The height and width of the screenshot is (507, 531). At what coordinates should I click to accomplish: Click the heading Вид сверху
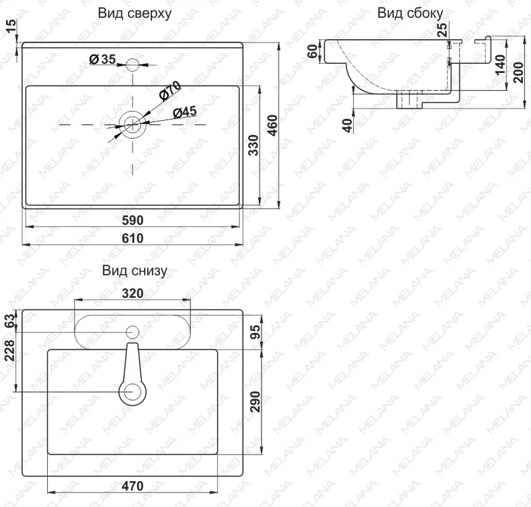[x=135, y=13]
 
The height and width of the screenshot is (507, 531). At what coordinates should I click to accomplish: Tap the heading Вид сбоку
[x=410, y=13]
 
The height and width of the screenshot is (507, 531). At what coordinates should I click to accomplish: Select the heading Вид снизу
[x=135, y=271]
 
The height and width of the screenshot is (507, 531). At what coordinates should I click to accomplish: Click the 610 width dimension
[x=132, y=238]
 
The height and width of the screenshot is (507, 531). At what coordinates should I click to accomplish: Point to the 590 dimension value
[x=132, y=220]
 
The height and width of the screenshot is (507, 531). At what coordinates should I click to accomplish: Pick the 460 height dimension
[x=273, y=125]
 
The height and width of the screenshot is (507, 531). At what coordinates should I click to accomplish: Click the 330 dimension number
[x=254, y=145]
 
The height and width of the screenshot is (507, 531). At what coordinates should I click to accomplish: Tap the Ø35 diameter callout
[x=103, y=59]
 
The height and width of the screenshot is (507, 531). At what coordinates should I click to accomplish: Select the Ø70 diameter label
[x=170, y=91]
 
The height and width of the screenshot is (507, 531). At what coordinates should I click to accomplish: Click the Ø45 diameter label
[x=185, y=111]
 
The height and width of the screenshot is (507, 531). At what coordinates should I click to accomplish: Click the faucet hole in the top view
[x=132, y=64]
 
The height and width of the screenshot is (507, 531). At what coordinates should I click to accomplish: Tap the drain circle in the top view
[x=132, y=125]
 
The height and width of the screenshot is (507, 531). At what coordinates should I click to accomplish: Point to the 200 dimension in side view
[x=518, y=72]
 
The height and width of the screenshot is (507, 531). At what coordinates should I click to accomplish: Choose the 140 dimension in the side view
[x=500, y=64]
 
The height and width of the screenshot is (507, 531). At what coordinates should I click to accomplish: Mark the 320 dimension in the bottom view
[x=132, y=293]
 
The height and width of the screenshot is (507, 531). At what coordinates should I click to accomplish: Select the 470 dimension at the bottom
[x=132, y=486]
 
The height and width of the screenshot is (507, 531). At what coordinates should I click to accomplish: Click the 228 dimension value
[x=11, y=350]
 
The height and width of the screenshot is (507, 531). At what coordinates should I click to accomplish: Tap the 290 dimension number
[x=256, y=401]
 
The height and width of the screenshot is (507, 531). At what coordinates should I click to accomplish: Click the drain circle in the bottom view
[x=131, y=392]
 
